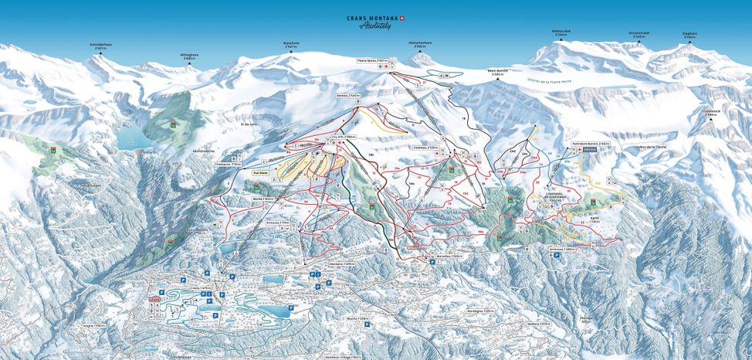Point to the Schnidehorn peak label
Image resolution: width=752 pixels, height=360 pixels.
(102, 46)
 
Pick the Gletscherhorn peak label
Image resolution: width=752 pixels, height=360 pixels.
(421, 45)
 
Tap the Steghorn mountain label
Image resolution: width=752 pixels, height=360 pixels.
(689, 34)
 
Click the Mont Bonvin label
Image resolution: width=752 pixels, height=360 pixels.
(497, 70)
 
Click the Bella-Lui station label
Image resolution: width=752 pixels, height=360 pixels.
(349, 95)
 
